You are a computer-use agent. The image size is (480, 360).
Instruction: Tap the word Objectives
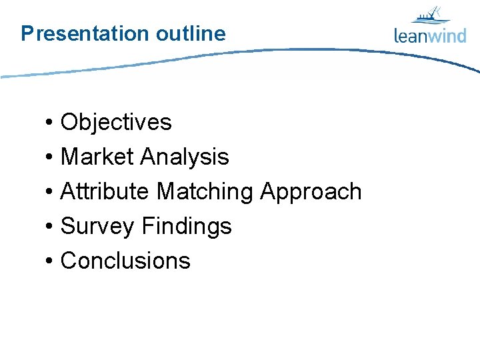click(x=116, y=122)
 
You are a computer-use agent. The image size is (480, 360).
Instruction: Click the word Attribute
click(x=105, y=191)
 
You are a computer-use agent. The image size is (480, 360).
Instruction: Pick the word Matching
click(x=205, y=192)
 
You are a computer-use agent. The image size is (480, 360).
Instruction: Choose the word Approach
click(x=311, y=192)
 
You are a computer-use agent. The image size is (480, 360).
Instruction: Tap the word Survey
click(x=97, y=227)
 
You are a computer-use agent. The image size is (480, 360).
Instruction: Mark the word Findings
click(x=187, y=227)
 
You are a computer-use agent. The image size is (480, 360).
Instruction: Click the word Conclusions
click(x=125, y=261)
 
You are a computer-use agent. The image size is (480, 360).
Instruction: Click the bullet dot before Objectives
click(x=50, y=123)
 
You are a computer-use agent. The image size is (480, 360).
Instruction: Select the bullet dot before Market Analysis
click(x=50, y=158)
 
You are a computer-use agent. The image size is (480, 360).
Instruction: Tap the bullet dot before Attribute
click(x=50, y=193)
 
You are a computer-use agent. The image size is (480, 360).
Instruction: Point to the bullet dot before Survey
click(x=50, y=227)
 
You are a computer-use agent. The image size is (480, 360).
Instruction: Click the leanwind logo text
click(x=430, y=35)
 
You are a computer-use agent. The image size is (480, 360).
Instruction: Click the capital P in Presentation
click(x=27, y=33)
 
